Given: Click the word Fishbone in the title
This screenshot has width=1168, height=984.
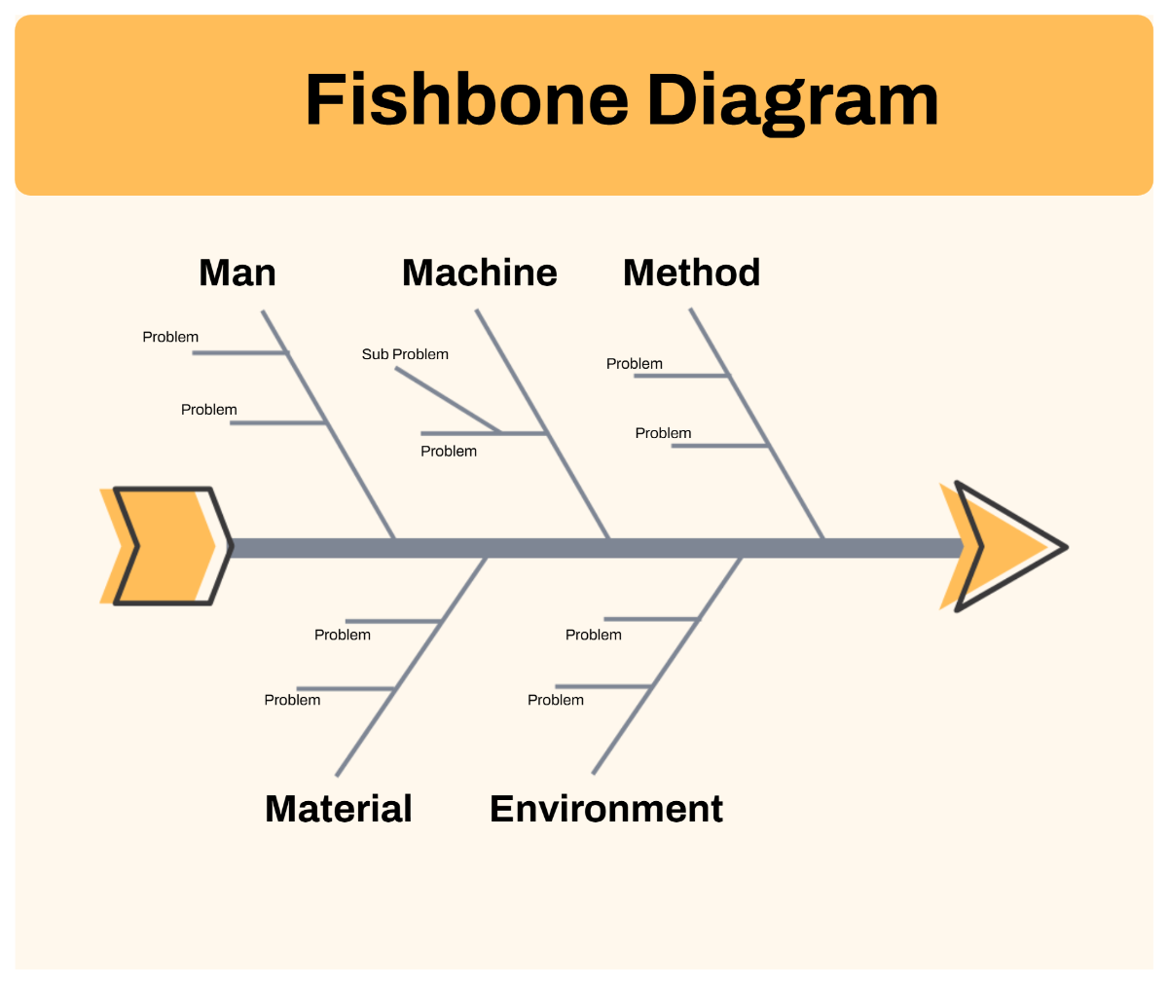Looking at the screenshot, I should click(x=466, y=99).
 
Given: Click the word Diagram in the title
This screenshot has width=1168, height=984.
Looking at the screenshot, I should click(x=792, y=101).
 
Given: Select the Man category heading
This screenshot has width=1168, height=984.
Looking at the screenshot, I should click(x=237, y=273).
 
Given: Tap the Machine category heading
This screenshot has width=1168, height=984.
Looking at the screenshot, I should click(x=480, y=273).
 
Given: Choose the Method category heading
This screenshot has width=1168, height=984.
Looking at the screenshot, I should click(x=691, y=273).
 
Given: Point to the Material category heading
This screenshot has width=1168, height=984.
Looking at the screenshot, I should click(x=339, y=809).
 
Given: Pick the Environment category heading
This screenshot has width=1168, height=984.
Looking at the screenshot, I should click(x=606, y=809).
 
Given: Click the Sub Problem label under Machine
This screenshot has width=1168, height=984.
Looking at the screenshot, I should click(x=405, y=354).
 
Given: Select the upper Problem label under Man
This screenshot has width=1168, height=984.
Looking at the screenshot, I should click(x=170, y=337).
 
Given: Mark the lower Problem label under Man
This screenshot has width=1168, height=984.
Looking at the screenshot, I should click(x=209, y=410).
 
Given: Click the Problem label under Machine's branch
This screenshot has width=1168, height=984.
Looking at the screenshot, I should click(x=449, y=451).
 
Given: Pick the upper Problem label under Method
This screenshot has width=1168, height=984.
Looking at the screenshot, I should click(x=635, y=364).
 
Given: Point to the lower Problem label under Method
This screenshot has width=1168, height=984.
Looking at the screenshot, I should click(x=663, y=433).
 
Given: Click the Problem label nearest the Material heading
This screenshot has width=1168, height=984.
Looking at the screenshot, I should click(x=292, y=700).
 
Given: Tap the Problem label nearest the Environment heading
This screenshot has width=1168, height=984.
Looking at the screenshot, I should click(x=556, y=700).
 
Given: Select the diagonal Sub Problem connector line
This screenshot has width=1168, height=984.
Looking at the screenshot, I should click(x=448, y=400).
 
